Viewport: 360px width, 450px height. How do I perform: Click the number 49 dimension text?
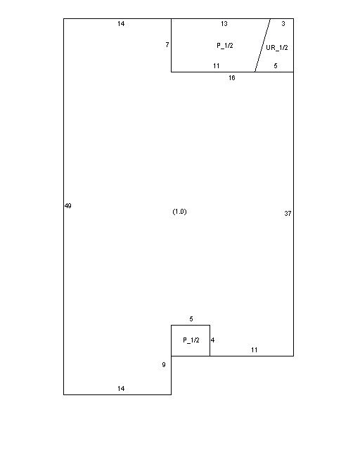68,206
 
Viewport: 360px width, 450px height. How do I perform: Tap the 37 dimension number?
288,214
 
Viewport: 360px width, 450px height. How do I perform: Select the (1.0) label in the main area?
179,212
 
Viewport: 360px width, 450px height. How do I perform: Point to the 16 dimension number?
231,78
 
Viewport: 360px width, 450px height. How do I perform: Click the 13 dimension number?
224,24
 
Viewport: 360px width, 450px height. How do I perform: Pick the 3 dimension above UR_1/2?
283,24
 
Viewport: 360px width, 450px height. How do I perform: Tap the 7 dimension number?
167,45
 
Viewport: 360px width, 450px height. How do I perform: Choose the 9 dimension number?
164,365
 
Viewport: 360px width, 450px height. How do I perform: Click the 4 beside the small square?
213,340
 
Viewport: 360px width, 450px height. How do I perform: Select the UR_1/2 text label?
277,48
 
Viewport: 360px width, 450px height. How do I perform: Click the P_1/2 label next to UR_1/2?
225,46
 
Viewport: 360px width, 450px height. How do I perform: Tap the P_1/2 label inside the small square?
191,340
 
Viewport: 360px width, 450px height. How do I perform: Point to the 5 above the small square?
191,319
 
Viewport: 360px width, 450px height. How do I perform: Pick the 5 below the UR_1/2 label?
276,66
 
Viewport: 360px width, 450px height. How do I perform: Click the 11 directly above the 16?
217,66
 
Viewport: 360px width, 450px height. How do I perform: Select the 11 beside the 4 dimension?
255,350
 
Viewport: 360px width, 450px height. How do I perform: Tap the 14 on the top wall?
121,24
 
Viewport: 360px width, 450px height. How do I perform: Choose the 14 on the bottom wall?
121,389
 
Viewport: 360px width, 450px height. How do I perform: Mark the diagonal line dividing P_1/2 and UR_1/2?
262,45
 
